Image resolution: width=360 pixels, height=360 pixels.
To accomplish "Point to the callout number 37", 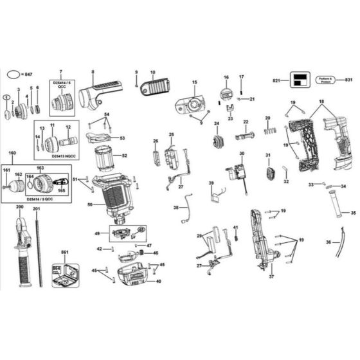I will (x=271, y=277).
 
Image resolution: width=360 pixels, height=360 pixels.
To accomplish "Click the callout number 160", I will (x=12, y=153).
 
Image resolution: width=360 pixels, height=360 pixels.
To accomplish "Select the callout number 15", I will (x=195, y=82).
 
